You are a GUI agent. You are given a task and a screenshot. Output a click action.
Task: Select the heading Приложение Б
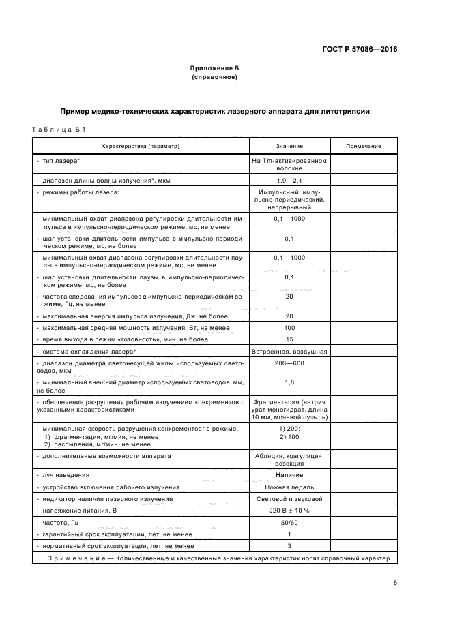click(214, 70)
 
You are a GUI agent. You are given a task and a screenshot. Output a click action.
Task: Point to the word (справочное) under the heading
click(214, 78)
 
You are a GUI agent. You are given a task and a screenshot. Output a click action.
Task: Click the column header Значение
click(289, 147)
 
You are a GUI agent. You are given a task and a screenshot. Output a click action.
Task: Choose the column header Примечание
click(363, 147)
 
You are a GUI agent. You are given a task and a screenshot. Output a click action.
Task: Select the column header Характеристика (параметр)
click(140, 147)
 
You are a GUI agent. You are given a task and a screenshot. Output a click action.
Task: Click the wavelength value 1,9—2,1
click(289, 180)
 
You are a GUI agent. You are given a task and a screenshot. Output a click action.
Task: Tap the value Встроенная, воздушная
click(289, 351)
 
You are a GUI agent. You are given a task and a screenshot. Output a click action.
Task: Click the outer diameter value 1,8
click(289, 382)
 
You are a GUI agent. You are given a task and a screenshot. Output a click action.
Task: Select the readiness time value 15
click(289, 339)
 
